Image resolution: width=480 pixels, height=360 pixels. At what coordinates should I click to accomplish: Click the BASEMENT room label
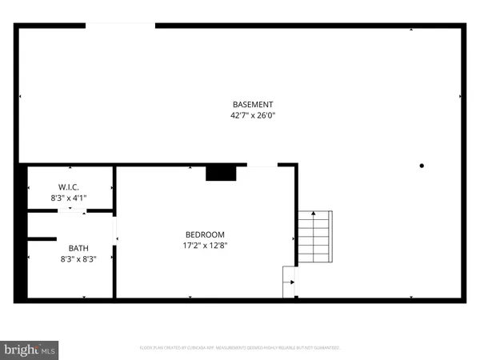[253, 105]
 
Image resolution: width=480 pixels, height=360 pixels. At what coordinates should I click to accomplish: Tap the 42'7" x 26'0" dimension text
[253, 116]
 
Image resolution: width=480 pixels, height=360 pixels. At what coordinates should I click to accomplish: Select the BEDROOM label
[206, 234]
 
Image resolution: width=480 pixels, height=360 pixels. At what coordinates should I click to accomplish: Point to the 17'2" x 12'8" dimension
[206, 246]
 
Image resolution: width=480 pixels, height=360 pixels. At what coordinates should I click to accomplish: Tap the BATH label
[78, 248]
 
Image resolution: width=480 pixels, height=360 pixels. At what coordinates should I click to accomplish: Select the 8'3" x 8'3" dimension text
[78, 259]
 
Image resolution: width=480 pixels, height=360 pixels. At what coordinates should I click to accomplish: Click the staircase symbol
[315, 238]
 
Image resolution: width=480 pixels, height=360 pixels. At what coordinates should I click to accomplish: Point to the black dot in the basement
[422, 166]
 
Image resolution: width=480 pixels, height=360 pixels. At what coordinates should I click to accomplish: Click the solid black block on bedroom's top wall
[220, 173]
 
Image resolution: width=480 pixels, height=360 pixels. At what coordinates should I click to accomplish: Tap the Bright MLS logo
[30, 350]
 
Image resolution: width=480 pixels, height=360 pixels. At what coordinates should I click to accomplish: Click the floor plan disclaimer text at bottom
[240, 348]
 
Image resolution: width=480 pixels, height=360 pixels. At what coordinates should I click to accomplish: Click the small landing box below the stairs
[289, 282]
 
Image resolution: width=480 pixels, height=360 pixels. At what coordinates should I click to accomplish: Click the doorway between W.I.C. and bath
[71, 211]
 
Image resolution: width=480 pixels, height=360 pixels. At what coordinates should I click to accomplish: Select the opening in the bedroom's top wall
[262, 166]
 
